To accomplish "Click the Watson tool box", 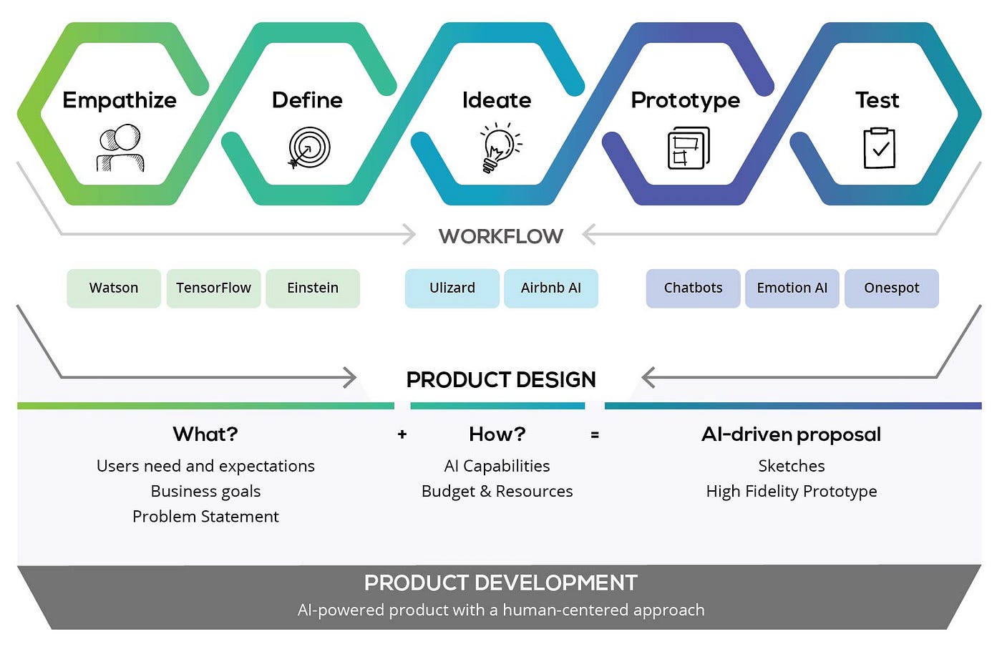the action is (114, 288).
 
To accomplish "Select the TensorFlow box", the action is (213, 288).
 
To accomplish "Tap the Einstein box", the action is (313, 288).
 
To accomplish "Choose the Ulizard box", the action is (452, 288).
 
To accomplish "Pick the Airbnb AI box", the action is (551, 288).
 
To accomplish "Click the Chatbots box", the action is (693, 288).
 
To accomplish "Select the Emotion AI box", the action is (792, 288).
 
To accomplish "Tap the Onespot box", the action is (891, 288).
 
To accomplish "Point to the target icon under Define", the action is (308, 148).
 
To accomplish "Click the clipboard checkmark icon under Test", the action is (880, 148).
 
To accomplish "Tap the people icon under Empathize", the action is (121, 148).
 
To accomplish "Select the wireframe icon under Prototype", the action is (688, 148).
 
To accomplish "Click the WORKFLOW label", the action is (501, 236).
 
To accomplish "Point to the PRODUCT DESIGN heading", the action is (501, 379).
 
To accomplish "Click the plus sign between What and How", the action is (402, 434).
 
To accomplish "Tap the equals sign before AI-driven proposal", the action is (595, 434).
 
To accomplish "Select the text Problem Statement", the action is (205, 517).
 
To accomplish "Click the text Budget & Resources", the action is (497, 492).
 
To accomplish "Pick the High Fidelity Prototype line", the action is (792, 492).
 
